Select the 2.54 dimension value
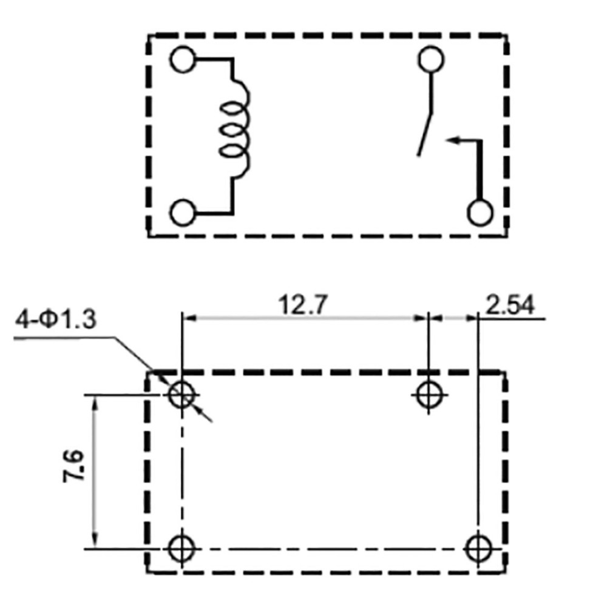point(510,305)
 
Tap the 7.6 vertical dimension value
point(73,466)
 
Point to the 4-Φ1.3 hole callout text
point(55,320)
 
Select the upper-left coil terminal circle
point(183,59)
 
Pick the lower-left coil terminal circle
point(183,212)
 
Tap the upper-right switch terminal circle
point(431,59)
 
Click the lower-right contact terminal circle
point(480,213)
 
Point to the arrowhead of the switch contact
point(453,140)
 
